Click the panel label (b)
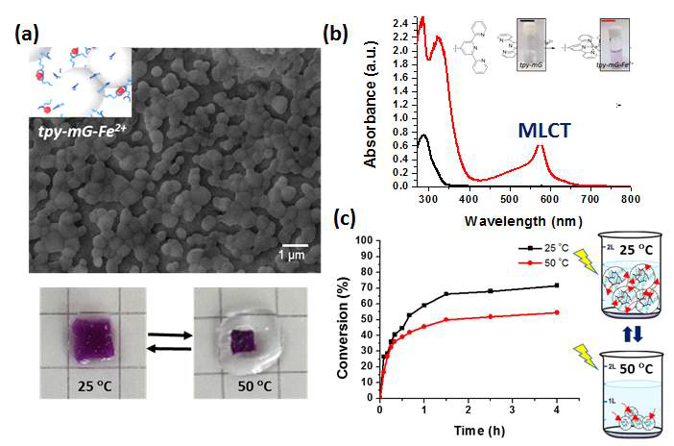pyautogui.click(x=337, y=37)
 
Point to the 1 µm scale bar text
pyautogui.click(x=293, y=256)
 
